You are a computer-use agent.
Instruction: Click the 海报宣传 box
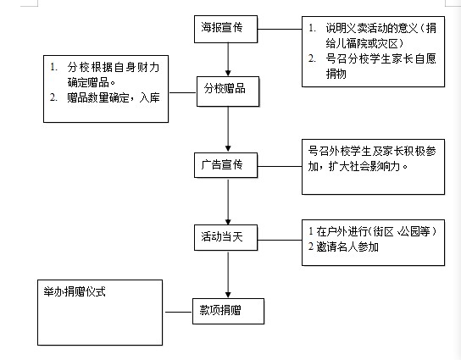coord(225,29)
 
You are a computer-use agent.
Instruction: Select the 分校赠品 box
coord(228,91)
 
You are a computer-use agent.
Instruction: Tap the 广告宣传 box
coord(225,165)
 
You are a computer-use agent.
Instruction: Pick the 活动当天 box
coord(225,237)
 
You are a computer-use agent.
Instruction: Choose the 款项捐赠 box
coord(228,311)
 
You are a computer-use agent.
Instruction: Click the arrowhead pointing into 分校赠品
coord(228,73)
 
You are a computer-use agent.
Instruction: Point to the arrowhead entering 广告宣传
coord(228,148)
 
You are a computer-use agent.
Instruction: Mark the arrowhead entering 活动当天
coord(228,222)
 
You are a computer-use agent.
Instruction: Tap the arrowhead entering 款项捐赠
coord(228,295)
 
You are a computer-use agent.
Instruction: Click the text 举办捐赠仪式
coord(75,292)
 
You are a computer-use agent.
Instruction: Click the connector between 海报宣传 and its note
coord(280,29)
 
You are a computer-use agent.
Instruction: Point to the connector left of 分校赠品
coord(182,92)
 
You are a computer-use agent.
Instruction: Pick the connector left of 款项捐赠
coord(179,312)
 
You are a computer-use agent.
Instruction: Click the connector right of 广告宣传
coord(280,166)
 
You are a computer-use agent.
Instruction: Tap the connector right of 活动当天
coord(280,240)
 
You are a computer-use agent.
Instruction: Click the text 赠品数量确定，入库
coord(114,97)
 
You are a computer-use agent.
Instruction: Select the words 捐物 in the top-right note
coord(336,74)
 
